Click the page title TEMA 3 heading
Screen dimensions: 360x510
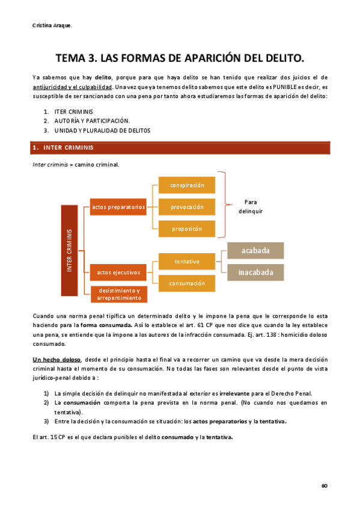click(x=180, y=58)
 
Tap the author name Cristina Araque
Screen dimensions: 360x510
click(x=52, y=25)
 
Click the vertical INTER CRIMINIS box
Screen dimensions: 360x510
click(x=70, y=250)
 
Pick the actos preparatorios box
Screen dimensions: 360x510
click(x=118, y=207)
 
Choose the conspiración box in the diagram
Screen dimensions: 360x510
click(x=187, y=185)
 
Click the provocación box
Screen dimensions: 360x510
click(x=187, y=207)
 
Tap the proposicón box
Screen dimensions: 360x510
click(x=187, y=229)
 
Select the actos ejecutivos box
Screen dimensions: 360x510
click(x=118, y=272)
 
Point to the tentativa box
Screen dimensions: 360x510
click(x=187, y=262)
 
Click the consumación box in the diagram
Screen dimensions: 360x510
click(x=187, y=283)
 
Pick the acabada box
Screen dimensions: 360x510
click(x=255, y=250)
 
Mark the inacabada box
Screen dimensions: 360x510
click(x=255, y=272)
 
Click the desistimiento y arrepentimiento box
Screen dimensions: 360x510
click(x=118, y=293)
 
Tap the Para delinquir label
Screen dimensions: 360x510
click(x=250, y=206)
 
